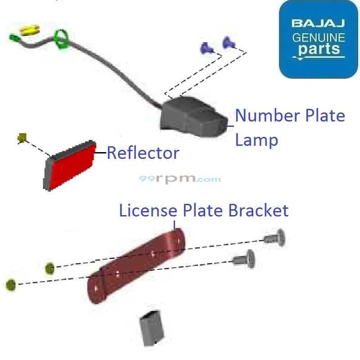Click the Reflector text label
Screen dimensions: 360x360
[x=143, y=153]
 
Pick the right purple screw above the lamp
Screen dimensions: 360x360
[x=229, y=43]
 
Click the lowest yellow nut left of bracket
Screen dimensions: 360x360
[x=11, y=285]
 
